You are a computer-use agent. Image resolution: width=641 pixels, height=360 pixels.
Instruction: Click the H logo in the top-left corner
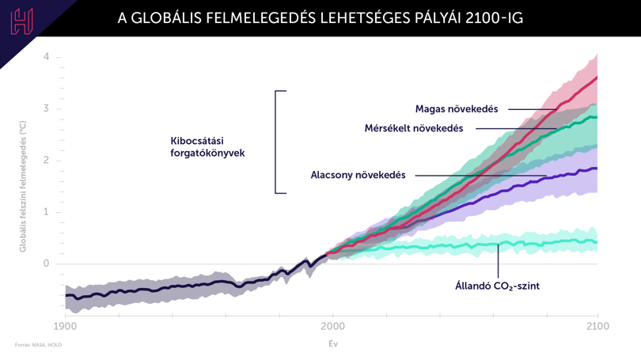[21, 21]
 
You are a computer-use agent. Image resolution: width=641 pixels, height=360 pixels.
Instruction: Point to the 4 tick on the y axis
[46, 56]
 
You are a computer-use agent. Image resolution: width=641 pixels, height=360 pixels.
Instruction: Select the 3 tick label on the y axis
[46, 108]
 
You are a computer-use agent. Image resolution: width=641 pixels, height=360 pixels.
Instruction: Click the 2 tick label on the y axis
[46, 160]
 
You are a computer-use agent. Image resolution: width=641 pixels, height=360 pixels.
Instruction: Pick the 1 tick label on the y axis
[46, 212]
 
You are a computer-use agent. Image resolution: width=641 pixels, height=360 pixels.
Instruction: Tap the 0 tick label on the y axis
[46, 263]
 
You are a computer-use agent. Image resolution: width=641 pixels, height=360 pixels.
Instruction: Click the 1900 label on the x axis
[66, 327]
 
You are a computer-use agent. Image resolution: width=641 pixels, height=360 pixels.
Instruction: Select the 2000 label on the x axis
[332, 327]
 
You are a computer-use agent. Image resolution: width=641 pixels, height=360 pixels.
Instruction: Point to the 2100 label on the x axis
[597, 327]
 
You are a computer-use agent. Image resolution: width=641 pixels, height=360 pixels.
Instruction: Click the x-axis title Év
[333, 343]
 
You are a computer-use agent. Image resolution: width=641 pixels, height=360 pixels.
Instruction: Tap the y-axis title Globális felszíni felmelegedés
[22, 187]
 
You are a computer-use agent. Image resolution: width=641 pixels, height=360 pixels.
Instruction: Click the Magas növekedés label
[457, 109]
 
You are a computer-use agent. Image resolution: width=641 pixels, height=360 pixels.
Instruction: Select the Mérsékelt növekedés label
[414, 128]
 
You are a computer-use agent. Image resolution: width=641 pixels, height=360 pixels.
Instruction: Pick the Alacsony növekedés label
[358, 175]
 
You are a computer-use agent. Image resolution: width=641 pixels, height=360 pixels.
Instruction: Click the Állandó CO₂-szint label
[498, 286]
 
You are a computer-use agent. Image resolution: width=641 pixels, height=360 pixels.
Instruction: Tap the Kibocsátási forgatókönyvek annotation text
[207, 147]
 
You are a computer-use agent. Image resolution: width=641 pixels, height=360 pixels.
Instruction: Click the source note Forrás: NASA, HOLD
[39, 345]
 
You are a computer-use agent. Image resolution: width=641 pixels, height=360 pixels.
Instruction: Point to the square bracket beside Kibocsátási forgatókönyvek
[275, 142]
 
